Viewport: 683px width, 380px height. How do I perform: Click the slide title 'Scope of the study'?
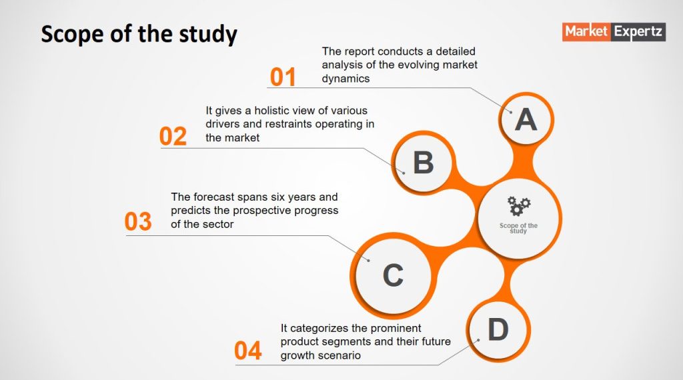pyautogui.click(x=139, y=35)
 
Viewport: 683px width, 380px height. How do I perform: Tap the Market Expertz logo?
pyautogui.click(x=614, y=32)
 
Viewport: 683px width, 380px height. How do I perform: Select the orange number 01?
pyautogui.click(x=283, y=77)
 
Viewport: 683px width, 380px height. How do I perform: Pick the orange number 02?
pyautogui.click(x=173, y=136)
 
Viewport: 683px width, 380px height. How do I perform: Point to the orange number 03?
pyautogui.click(x=138, y=221)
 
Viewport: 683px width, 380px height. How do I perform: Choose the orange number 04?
pyautogui.click(x=248, y=351)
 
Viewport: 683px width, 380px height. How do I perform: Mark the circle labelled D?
pyautogui.click(x=498, y=329)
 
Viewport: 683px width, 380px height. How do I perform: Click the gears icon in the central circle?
pyautogui.click(x=518, y=206)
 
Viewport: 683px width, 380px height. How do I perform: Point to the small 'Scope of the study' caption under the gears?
pyautogui.click(x=518, y=228)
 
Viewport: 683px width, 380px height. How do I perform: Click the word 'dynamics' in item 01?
pyautogui.click(x=346, y=79)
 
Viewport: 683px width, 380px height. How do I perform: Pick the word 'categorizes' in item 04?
pyautogui.click(x=317, y=329)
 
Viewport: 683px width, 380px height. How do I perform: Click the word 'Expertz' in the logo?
pyautogui.click(x=638, y=32)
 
